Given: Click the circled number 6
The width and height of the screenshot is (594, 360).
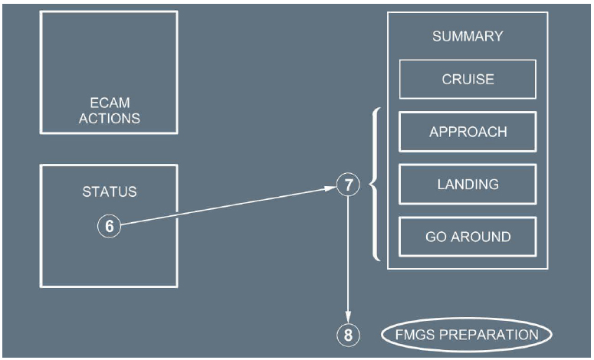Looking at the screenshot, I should (x=110, y=226).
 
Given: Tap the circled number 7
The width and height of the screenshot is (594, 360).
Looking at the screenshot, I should (x=348, y=185).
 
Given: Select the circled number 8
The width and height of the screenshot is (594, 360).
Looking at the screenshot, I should (x=348, y=335).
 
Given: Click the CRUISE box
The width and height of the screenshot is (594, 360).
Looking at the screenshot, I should (x=468, y=79).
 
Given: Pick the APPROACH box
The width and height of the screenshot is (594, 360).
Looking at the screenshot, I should (x=468, y=132).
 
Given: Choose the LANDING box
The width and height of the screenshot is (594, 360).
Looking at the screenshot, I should (x=468, y=184).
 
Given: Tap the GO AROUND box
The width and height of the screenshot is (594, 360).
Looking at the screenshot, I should (x=468, y=237).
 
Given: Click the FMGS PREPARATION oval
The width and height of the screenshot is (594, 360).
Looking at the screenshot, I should (x=467, y=335).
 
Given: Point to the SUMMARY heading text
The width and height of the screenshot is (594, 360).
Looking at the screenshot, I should (x=468, y=36).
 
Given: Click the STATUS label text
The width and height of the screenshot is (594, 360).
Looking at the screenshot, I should (x=109, y=191).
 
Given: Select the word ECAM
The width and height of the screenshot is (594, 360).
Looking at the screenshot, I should (x=109, y=104).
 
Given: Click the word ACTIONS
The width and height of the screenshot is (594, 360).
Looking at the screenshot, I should (x=109, y=119).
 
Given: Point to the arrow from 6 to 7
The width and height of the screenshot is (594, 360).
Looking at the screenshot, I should (x=230, y=205).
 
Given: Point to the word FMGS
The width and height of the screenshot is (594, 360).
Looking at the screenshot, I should (x=413, y=335).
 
